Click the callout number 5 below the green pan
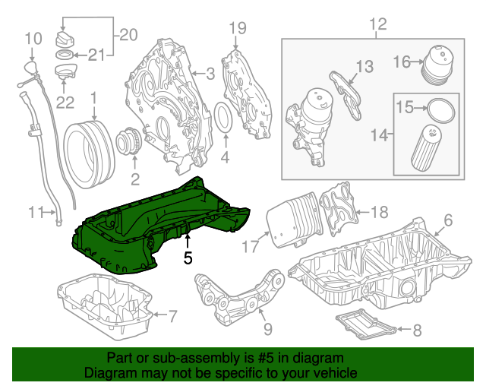188,258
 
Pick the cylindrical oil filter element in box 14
426,150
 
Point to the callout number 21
94,54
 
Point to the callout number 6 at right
447,220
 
